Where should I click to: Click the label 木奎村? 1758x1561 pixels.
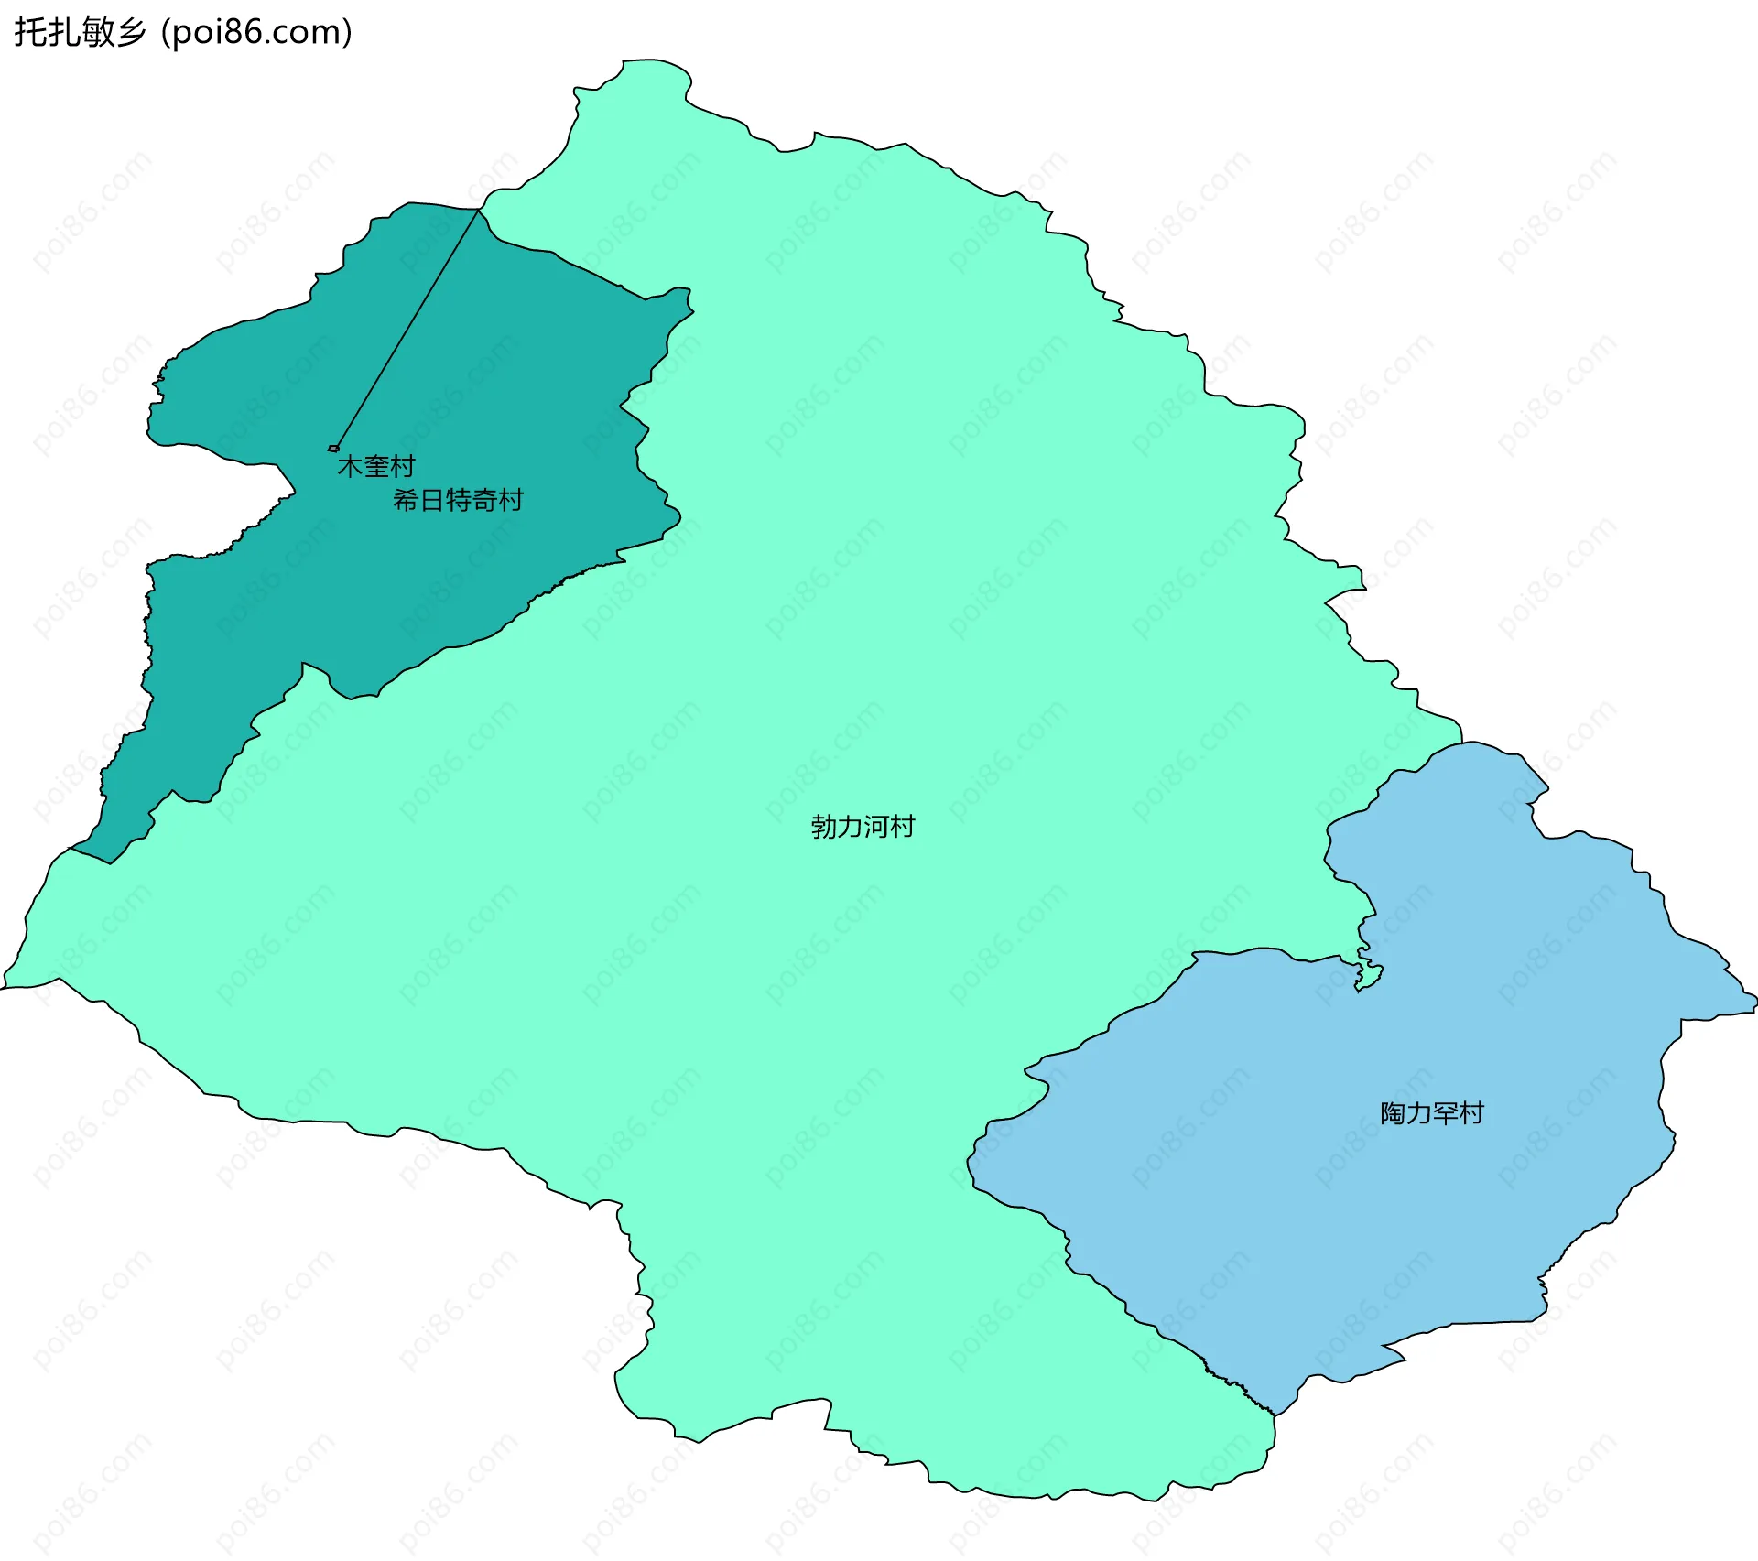click(x=376, y=467)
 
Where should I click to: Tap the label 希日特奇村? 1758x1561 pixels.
click(x=458, y=501)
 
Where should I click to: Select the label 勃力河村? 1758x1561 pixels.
click(x=863, y=827)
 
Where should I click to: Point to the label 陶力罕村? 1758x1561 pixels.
click(x=1432, y=1113)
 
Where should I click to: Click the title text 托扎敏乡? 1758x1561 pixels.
click(x=80, y=32)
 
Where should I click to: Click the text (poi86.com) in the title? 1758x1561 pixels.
click(x=256, y=32)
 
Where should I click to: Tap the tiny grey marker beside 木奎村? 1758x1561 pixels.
click(x=333, y=449)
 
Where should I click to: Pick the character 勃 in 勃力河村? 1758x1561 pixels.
click(x=824, y=827)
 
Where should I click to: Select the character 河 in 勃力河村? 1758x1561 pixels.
click(x=876, y=827)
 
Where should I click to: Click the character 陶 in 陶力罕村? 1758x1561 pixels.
click(x=1394, y=1113)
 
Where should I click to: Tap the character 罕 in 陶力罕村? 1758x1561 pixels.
click(x=1446, y=1113)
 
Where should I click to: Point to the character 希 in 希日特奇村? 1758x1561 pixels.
click(x=406, y=501)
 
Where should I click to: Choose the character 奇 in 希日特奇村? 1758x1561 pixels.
click(x=484, y=501)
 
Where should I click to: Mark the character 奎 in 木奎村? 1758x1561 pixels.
click(x=376, y=467)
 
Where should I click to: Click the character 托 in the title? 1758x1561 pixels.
click(x=29, y=32)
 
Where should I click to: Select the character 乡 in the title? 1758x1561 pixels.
click(x=130, y=32)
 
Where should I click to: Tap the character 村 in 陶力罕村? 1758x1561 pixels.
click(x=1471, y=1113)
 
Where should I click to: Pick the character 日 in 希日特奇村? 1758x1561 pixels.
click(x=432, y=501)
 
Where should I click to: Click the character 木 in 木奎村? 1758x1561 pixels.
click(x=351, y=467)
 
